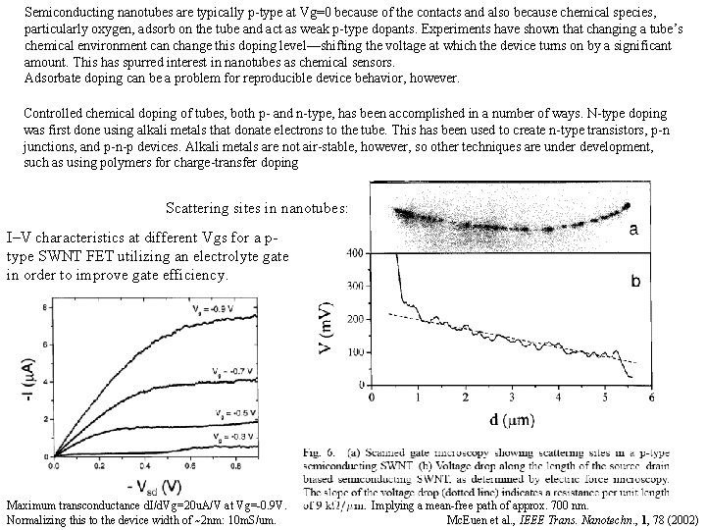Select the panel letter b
635,281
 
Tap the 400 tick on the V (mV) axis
355,254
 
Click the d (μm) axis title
510,419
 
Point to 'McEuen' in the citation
468,518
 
